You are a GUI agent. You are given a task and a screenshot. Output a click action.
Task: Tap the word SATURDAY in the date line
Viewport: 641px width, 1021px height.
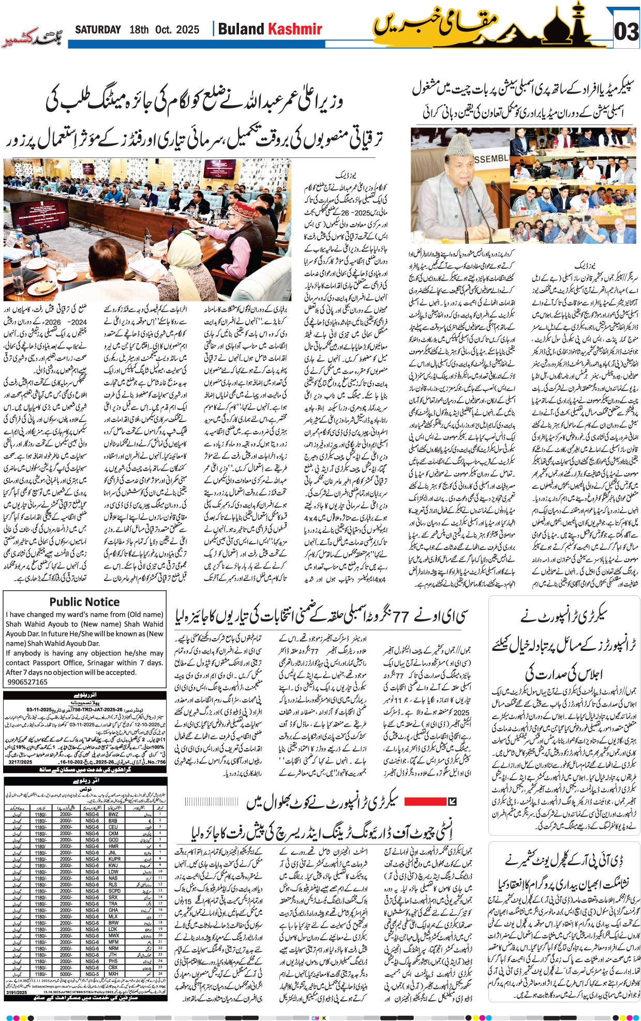[x=98, y=30]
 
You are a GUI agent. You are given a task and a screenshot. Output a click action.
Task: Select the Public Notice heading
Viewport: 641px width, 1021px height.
[x=84, y=602]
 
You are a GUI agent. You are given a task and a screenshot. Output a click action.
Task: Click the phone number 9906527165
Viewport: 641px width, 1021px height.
[x=27, y=682]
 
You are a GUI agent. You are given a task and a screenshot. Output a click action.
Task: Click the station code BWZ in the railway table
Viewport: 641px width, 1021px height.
[x=113, y=814]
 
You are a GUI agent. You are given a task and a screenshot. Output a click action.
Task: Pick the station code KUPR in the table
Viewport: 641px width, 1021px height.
[x=114, y=859]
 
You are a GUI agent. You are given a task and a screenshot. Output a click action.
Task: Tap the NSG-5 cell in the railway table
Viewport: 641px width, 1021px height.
[x=92, y=974]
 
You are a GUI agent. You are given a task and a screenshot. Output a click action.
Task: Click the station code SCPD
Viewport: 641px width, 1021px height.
[x=114, y=891]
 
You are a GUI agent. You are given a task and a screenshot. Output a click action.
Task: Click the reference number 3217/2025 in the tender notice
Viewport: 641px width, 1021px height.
[x=20, y=762]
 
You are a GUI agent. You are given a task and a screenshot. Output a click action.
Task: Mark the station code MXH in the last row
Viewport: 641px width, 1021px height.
[x=113, y=974]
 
